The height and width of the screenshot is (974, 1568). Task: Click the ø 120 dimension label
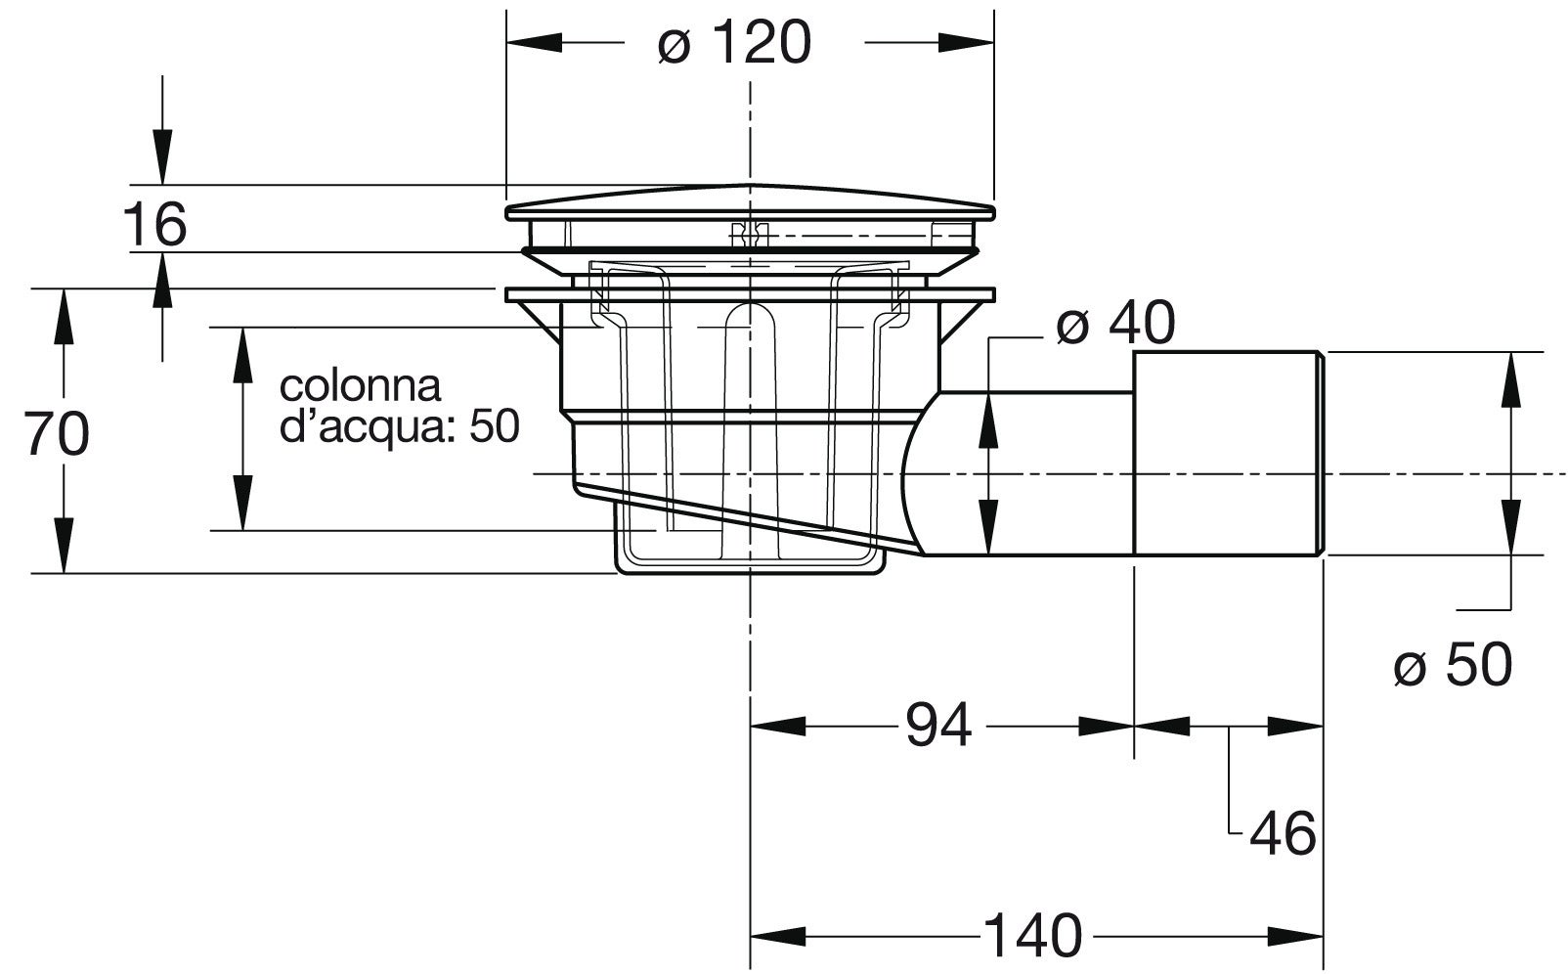[733, 43]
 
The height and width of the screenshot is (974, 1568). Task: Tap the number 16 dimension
[154, 225]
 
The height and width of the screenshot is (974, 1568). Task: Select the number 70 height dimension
[57, 433]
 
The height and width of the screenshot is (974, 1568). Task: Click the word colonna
[360, 385]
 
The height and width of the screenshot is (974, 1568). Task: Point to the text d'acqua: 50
[399, 426]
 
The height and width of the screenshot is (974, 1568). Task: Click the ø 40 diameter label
[1114, 324]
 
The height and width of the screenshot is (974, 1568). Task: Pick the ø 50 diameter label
[1452, 666]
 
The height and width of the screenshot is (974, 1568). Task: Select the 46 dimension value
[1283, 834]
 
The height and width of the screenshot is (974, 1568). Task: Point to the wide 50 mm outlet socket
[1227, 453]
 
